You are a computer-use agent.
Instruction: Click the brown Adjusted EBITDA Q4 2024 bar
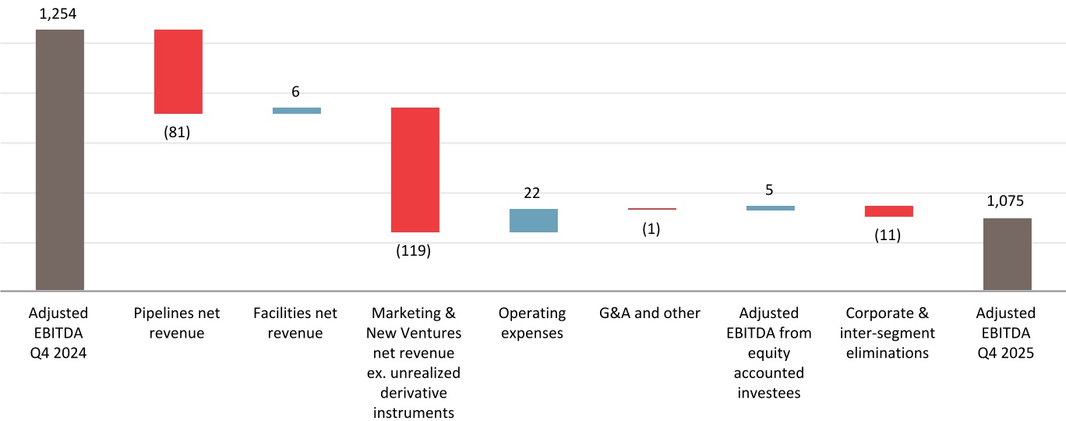tap(59, 160)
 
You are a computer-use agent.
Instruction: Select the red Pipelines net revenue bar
tap(178, 72)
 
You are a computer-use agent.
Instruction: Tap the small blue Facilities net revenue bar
tap(296, 111)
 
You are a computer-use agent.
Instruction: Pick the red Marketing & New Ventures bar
tap(415, 169)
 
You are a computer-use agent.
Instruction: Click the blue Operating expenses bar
tap(533, 221)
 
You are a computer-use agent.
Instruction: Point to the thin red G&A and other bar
tap(651, 209)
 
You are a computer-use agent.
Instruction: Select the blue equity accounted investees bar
tap(770, 208)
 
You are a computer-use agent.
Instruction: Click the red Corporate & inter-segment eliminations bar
tap(888, 211)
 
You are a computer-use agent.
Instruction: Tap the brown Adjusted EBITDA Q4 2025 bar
tap(1007, 254)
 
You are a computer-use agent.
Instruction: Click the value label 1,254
tap(59, 13)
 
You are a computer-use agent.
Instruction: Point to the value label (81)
tap(177, 132)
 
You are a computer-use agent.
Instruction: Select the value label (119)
tap(414, 251)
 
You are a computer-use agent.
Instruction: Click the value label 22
tap(532, 193)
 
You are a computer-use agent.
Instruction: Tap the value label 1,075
tap(1006, 201)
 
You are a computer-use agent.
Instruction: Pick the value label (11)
tap(888, 235)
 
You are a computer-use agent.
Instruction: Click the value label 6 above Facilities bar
tap(295, 91)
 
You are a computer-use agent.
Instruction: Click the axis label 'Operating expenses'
tap(532, 324)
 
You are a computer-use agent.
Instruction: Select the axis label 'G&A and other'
tap(651, 313)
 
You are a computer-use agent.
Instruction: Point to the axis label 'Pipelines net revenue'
tap(177, 324)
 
